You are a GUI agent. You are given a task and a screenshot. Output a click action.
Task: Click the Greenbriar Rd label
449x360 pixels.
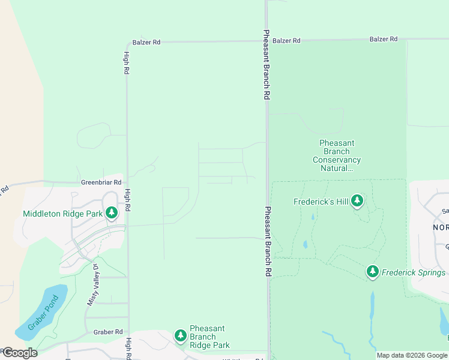tap(101, 182)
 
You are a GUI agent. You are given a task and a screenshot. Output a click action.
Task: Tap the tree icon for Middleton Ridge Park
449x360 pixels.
tap(112, 213)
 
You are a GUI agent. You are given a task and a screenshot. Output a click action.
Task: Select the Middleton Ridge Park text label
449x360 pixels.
tap(62, 214)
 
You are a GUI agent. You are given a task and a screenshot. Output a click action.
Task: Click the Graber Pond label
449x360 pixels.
tap(44, 313)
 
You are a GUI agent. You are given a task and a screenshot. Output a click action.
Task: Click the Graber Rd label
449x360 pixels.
tap(108, 332)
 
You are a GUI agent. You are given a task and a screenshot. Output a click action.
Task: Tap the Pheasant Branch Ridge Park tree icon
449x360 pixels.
tap(180, 335)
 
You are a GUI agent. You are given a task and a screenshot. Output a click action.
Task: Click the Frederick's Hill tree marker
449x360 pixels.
tap(358, 200)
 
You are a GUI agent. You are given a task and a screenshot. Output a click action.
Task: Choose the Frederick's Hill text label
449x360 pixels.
tap(321, 202)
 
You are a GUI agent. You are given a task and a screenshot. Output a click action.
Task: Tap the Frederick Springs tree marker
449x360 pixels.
tap(373, 272)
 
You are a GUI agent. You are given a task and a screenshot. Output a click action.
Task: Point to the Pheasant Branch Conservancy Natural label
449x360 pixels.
tap(337, 156)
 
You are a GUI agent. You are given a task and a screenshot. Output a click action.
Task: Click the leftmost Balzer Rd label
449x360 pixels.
tap(146, 43)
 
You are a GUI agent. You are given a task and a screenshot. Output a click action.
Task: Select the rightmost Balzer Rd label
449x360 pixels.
tap(384, 39)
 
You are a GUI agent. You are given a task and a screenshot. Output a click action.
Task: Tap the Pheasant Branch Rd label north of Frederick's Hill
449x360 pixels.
tap(266, 65)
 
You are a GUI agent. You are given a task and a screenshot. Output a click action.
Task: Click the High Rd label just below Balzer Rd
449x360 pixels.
tap(127, 62)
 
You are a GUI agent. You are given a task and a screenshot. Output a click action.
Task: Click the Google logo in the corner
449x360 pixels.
tap(19, 353)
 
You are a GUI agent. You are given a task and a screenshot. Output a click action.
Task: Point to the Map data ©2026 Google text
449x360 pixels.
tap(412, 355)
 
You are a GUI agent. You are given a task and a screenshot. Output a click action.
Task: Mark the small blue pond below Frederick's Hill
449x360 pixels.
tap(306, 245)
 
